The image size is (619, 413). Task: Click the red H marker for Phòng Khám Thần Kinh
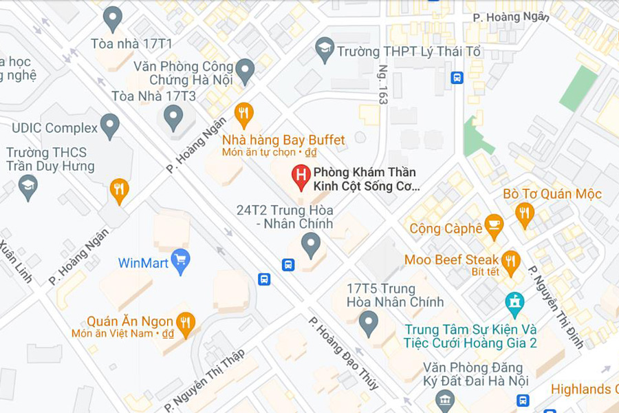tap(301, 176)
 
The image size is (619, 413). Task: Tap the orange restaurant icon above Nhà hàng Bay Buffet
tap(243, 113)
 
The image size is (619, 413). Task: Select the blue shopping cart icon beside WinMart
tap(180, 260)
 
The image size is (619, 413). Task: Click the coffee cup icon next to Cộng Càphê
tap(494, 225)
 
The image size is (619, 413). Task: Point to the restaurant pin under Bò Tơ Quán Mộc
tap(525, 213)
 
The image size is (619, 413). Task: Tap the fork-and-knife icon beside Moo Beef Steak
tap(510, 260)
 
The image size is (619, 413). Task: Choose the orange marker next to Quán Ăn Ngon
tap(185, 323)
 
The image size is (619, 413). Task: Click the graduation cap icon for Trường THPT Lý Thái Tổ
tap(325, 49)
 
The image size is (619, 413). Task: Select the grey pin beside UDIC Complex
tap(110, 125)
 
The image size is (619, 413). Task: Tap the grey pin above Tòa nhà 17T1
tap(112, 19)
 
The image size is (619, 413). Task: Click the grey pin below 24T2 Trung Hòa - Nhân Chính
tap(311, 244)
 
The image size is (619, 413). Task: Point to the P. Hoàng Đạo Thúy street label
tap(343, 353)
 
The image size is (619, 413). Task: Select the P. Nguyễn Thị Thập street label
tap(205, 380)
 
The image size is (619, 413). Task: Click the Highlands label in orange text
tap(584, 389)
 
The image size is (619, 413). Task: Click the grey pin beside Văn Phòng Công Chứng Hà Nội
tap(245, 70)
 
